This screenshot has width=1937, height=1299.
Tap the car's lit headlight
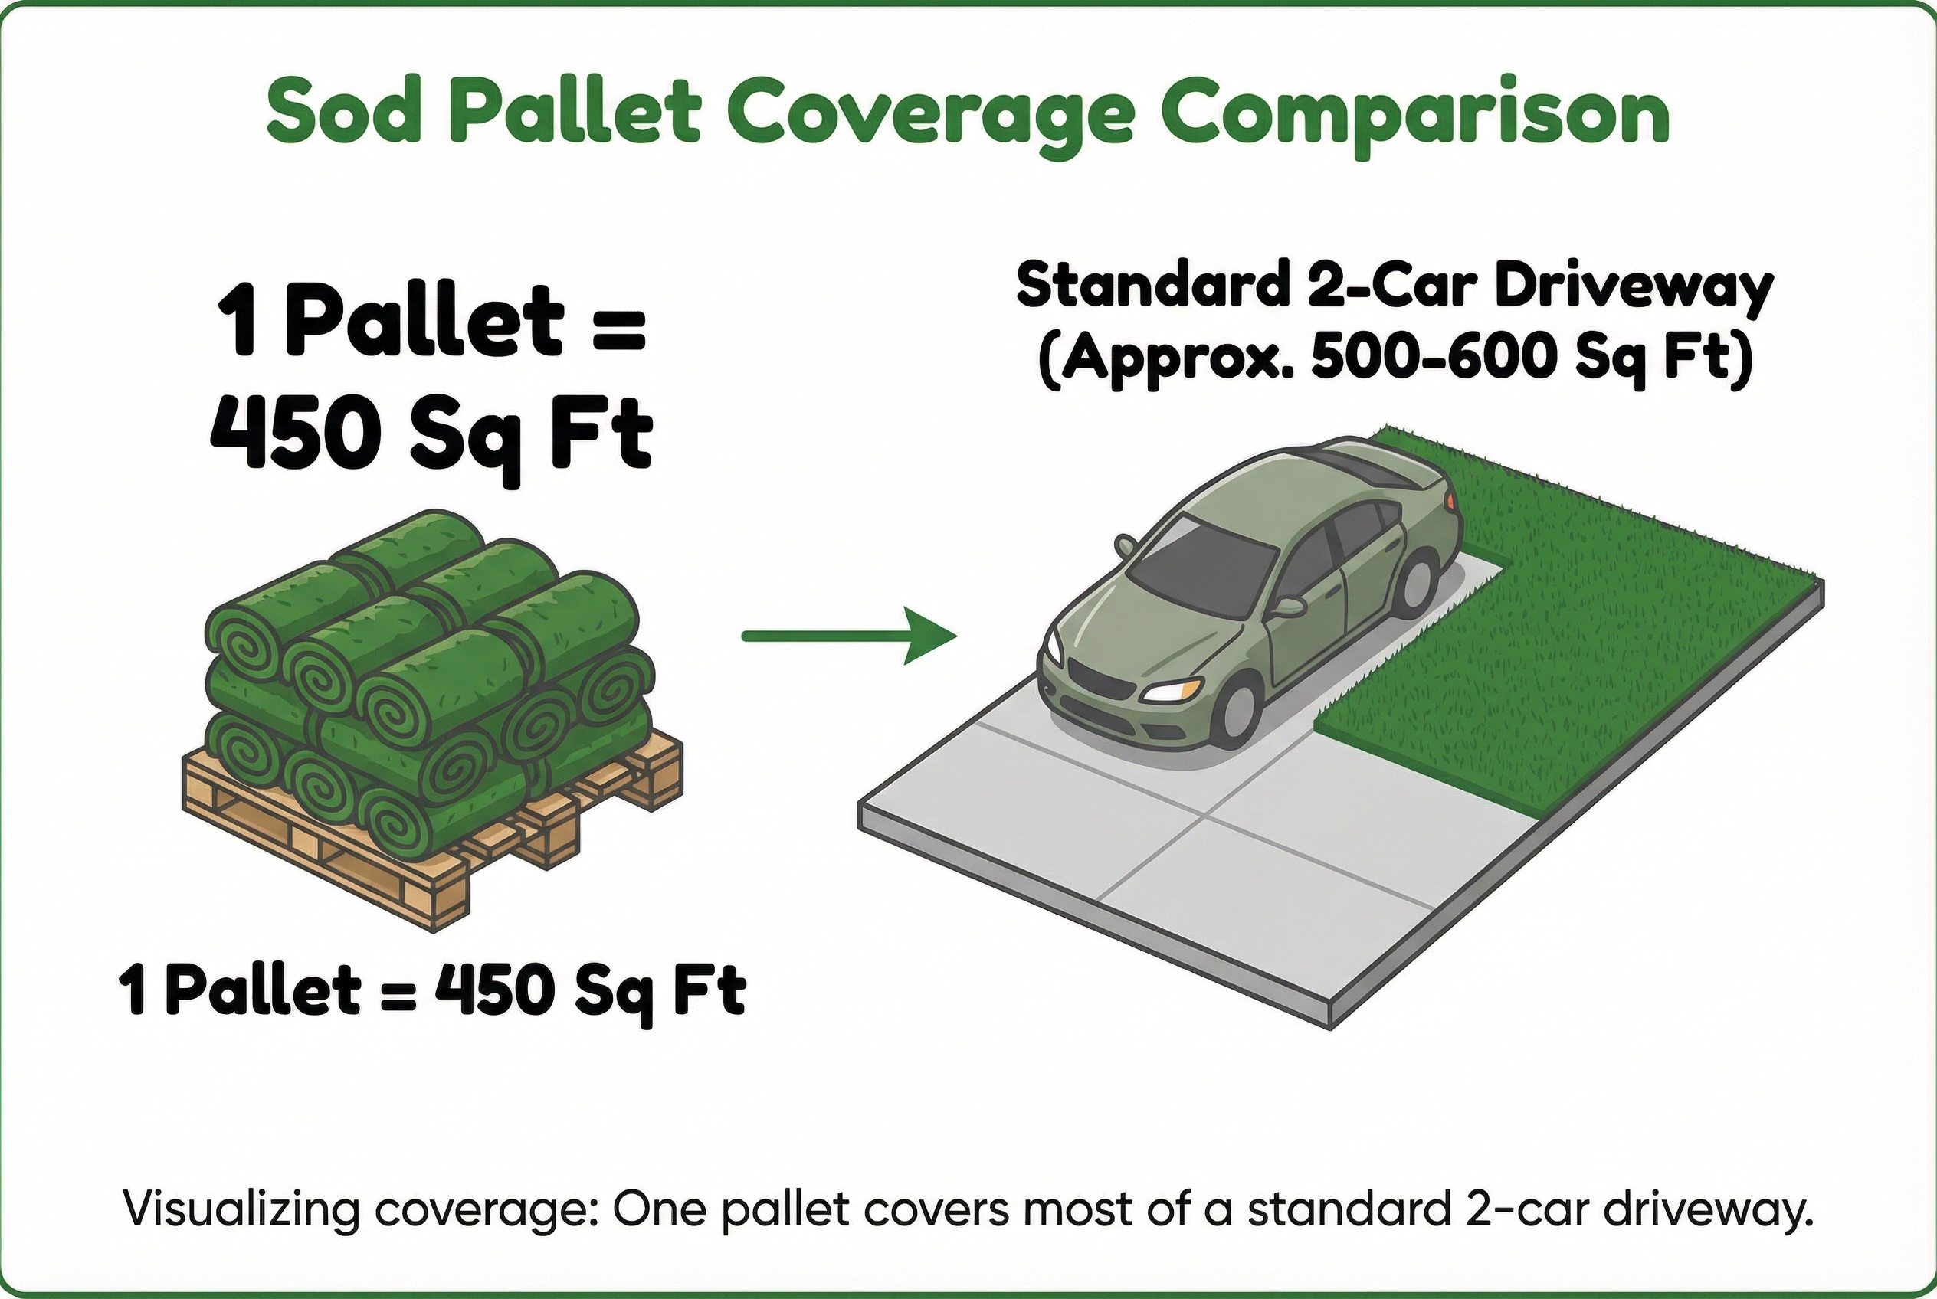(1174, 689)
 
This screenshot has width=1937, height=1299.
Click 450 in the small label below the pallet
(494, 988)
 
